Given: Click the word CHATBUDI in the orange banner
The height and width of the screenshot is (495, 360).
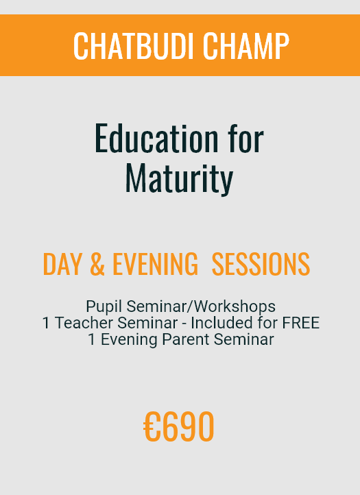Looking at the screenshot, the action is [x=132, y=46].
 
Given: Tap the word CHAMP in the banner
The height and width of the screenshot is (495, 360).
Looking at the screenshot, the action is [x=246, y=46].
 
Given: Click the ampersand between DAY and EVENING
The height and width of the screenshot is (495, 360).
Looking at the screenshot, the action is [x=97, y=264].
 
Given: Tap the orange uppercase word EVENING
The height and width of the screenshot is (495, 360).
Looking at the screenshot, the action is [x=156, y=264].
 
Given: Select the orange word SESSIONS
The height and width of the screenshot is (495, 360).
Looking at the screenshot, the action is [x=261, y=264].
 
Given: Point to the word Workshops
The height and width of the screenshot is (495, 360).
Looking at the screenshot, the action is [x=235, y=306].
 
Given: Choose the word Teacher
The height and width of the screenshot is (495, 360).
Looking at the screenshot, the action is [x=84, y=323].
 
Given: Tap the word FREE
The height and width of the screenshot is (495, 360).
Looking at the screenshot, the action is [x=300, y=323].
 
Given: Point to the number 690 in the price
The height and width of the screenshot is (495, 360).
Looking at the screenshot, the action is [x=188, y=426].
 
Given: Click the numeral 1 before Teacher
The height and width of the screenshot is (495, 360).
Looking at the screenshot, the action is [x=46, y=323].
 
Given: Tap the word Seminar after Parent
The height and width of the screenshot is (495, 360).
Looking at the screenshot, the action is [x=244, y=339].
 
